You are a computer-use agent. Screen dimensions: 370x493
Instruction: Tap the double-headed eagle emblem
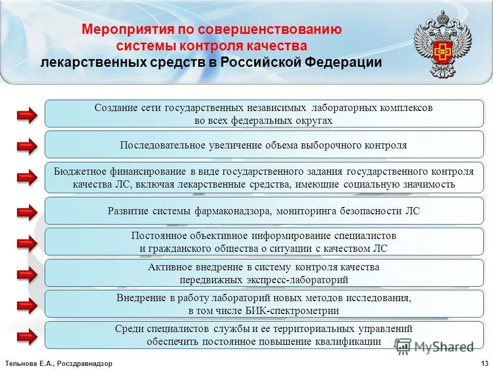(442, 45)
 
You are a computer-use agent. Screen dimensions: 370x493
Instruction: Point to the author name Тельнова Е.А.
(28, 363)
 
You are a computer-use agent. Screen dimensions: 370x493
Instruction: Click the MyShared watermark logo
(434, 347)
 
